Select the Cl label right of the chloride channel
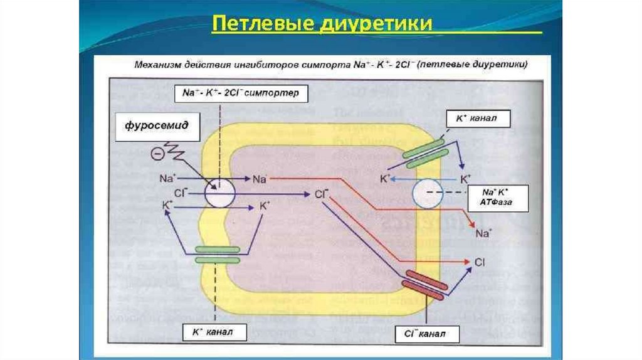point(480,262)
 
